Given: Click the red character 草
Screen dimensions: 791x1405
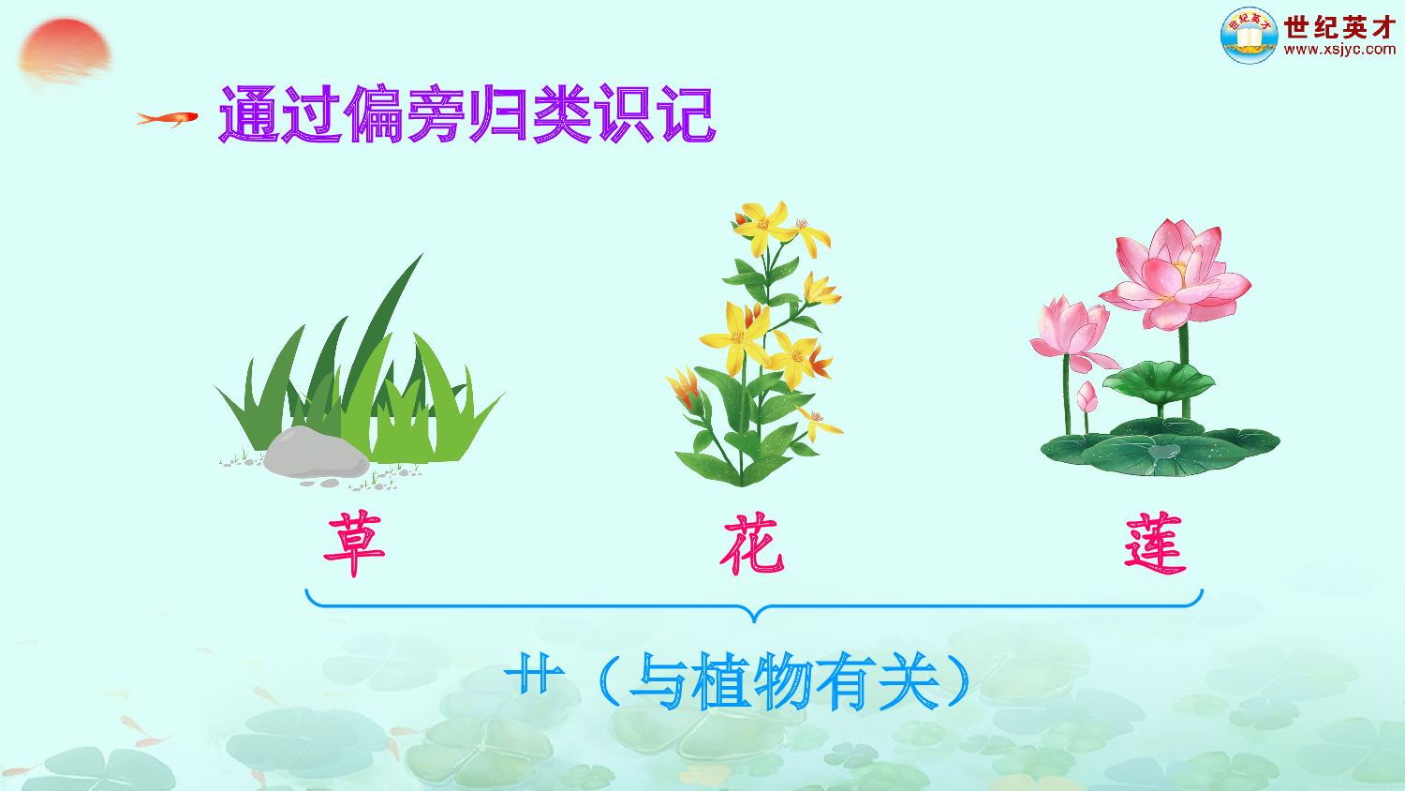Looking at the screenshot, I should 354,543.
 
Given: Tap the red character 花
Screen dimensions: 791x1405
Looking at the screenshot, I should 752,544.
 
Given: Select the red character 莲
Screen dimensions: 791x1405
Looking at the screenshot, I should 1155,543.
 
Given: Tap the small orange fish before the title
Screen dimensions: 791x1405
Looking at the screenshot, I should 169,118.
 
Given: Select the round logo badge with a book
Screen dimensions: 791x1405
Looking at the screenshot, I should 1249,36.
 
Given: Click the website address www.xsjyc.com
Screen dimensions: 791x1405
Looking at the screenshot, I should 1339,50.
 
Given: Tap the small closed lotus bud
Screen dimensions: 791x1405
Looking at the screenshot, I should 1087,396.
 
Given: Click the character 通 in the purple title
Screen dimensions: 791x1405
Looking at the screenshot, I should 249,115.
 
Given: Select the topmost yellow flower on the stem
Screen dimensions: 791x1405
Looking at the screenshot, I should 761,224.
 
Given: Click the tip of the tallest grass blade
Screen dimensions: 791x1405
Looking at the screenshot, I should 421,255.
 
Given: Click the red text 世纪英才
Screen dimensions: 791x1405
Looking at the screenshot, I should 1339,27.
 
